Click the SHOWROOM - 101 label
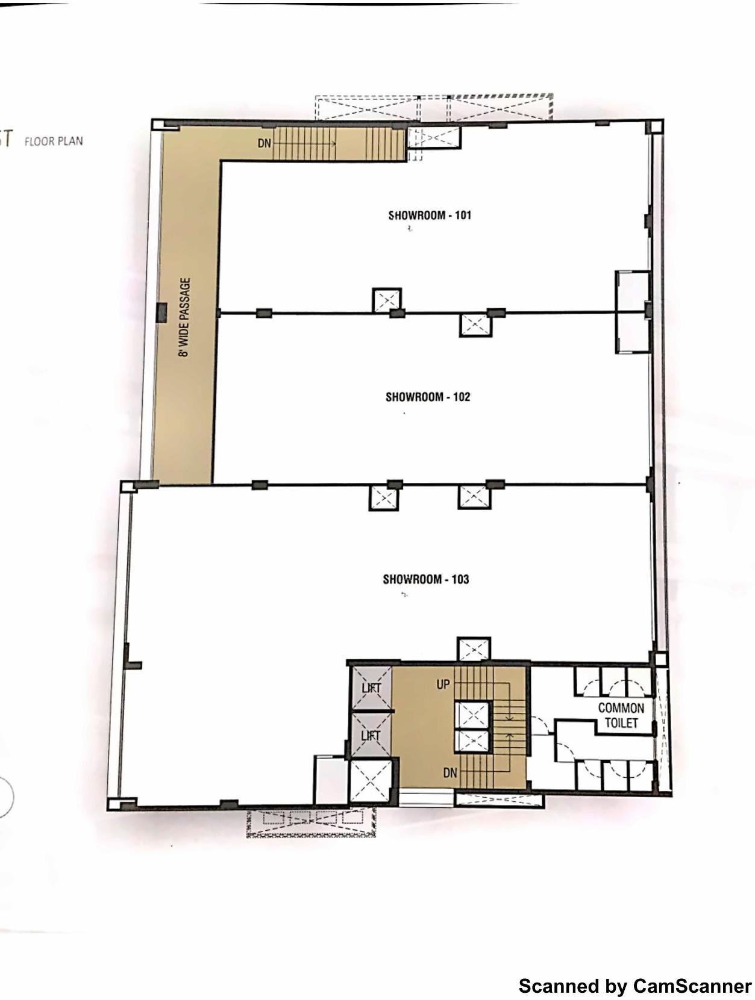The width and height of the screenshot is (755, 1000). (x=429, y=215)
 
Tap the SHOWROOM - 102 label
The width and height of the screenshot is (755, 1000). (x=427, y=397)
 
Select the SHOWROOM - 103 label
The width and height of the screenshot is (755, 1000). (x=425, y=579)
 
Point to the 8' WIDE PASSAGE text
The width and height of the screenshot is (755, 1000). (x=184, y=317)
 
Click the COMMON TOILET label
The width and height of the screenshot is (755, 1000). (x=621, y=715)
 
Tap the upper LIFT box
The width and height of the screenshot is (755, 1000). (x=371, y=688)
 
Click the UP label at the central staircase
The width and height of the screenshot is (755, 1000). (x=443, y=685)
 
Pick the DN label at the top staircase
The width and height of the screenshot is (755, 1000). (x=265, y=143)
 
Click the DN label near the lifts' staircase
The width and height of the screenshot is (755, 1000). (x=450, y=772)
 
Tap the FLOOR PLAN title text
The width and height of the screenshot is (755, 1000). (x=54, y=141)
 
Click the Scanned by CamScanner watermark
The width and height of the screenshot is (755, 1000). (x=634, y=986)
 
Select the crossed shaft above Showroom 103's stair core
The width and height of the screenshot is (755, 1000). (x=474, y=650)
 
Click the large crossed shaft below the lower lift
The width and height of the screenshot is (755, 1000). (x=370, y=781)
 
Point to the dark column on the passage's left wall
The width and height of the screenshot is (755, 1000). (x=161, y=313)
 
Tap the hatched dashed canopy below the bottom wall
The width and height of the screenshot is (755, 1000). (x=310, y=822)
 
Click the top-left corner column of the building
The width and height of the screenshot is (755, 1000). (x=157, y=125)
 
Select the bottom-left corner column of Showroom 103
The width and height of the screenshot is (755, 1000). (x=114, y=804)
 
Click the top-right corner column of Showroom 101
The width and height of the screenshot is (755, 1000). (x=654, y=127)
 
